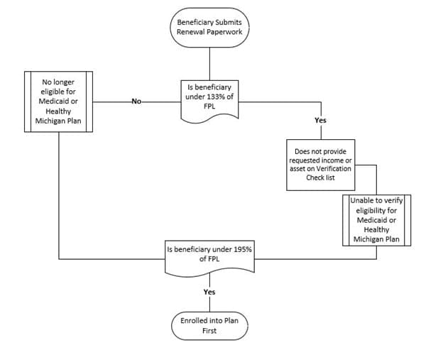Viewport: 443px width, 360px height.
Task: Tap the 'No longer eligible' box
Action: click(58, 101)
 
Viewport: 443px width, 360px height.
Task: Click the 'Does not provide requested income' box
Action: click(320, 164)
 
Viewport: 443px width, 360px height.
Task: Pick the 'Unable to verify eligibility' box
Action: click(376, 219)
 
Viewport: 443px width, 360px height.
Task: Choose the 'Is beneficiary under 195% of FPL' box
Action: click(209, 256)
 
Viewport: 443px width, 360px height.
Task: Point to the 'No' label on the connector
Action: click(136, 102)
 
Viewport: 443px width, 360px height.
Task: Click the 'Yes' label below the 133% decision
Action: click(320, 121)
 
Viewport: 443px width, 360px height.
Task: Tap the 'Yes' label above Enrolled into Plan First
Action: click(209, 292)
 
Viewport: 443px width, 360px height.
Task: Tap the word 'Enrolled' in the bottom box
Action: click(195, 320)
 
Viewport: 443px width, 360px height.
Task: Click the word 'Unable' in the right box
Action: click(363, 201)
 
